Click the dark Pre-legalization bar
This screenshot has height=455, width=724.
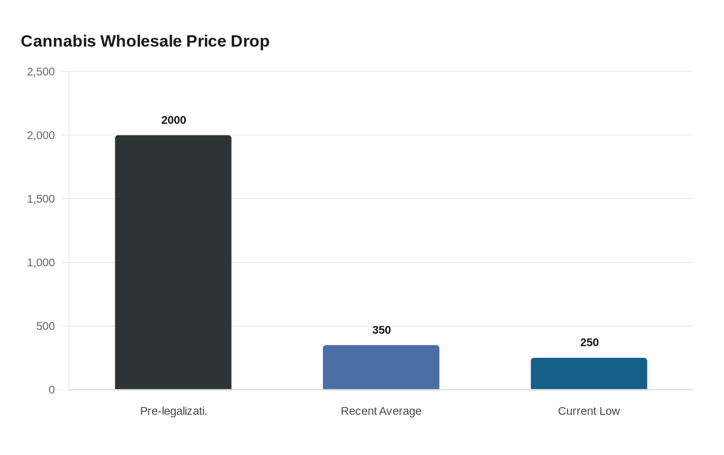173,263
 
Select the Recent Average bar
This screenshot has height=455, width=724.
381,368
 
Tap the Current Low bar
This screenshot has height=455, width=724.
589,374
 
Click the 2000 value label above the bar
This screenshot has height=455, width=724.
174,120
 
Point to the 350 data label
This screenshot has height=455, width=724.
382,330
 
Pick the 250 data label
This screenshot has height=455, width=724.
590,342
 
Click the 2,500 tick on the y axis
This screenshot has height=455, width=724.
41,72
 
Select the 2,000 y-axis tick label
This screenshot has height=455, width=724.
41,135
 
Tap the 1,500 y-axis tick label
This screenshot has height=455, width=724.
41,199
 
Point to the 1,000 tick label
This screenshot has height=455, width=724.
41,263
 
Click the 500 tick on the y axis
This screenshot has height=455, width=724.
46,326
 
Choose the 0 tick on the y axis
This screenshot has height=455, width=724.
52,390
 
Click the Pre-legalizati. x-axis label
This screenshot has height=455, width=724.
174,411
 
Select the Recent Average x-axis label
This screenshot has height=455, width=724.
381,411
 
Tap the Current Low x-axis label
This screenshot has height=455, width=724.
589,411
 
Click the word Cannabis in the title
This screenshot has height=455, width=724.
58,41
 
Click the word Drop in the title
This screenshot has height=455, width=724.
250,41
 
